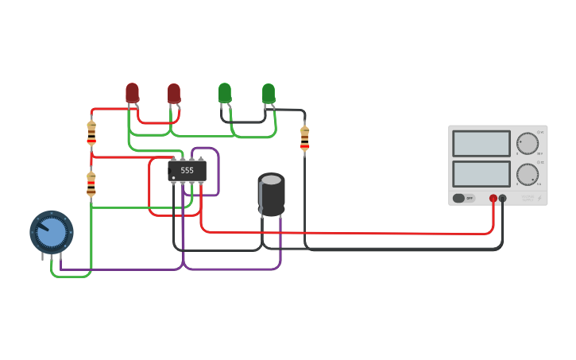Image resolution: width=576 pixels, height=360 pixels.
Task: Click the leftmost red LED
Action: coord(132,92)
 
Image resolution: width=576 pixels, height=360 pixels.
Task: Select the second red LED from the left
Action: coord(173,93)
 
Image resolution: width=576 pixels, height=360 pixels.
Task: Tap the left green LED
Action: coord(225,92)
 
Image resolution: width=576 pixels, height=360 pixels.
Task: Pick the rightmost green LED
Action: coord(269,93)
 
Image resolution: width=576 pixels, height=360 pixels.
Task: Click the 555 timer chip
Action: coord(187,170)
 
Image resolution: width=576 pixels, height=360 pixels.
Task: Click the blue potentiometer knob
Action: coord(52,232)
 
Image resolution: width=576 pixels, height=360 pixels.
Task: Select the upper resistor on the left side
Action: coord(91,133)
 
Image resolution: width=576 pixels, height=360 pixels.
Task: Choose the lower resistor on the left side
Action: coord(91,184)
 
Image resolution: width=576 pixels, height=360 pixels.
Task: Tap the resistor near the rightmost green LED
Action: coord(304,137)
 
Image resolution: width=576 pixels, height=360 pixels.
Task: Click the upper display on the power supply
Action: coord(481,144)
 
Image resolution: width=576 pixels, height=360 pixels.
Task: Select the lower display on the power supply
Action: coord(481,173)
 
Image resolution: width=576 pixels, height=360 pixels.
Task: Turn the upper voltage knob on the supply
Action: coord(528,144)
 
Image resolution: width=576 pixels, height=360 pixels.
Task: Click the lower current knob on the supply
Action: coord(528,174)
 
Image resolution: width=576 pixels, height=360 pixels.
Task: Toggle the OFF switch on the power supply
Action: coord(462,198)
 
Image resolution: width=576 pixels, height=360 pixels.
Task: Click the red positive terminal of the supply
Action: coord(493,198)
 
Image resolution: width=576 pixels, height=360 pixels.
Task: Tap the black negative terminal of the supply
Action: coord(503,198)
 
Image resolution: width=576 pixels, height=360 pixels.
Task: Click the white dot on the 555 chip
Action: coord(173,177)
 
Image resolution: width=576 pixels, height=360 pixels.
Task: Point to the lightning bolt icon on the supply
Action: coord(539,198)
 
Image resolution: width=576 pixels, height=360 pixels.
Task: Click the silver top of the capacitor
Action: coord(272,180)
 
